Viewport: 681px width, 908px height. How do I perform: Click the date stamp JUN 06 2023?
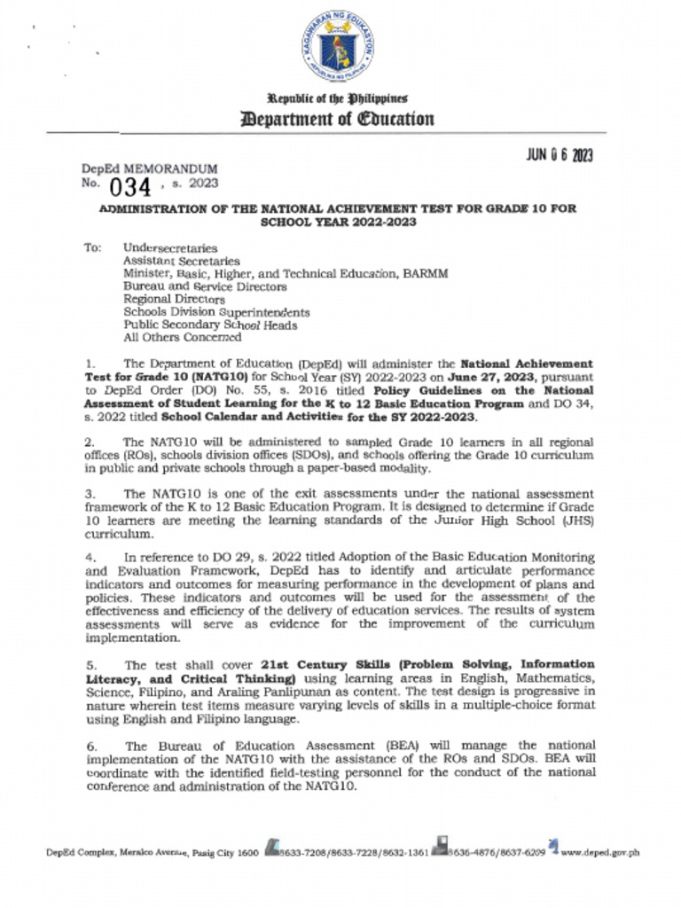pyautogui.click(x=560, y=155)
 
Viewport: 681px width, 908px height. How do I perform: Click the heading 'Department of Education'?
pyautogui.click(x=340, y=119)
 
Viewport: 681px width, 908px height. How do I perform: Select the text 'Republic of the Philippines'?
pyautogui.click(x=340, y=98)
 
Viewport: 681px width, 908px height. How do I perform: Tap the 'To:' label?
pyautogui.click(x=93, y=248)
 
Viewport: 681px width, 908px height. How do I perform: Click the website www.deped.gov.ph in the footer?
pyautogui.click(x=599, y=853)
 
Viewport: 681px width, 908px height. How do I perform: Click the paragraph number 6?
pyautogui.click(x=91, y=747)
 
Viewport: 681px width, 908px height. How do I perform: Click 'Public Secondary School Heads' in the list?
pyautogui.click(x=210, y=325)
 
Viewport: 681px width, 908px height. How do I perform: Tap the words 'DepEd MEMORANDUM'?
pyautogui.click(x=149, y=168)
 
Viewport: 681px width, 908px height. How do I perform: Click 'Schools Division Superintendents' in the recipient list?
pyautogui.click(x=216, y=312)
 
